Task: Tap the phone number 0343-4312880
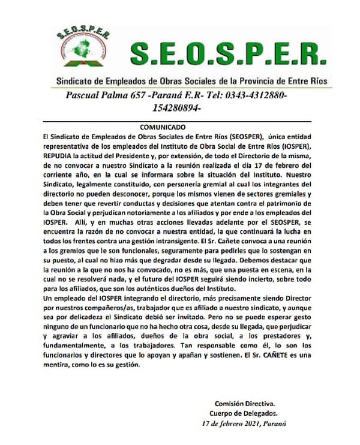pyautogui.click(x=254, y=96)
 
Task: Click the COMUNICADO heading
pyautogui.click(x=163, y=128)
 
